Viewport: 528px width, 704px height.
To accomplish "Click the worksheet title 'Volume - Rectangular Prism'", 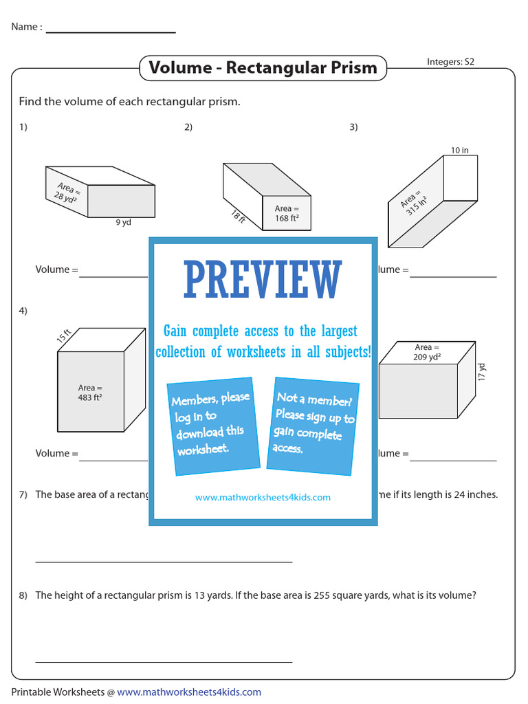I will click(x=263, y=68).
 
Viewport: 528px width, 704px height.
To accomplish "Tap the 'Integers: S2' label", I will click(x=450, y=62).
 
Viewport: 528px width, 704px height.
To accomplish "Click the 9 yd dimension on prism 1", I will click(x=123, y=222).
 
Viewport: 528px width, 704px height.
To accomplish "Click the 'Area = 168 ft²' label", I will click(x=287, y=214).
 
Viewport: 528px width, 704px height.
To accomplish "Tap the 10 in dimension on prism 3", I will click(x=459, y=150).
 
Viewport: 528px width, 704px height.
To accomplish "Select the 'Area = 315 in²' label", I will click(x=414, y=199).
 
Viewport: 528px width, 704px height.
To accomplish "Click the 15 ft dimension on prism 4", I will click(x=64, y=336).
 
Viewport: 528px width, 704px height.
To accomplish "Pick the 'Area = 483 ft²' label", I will click(x=90, y=393).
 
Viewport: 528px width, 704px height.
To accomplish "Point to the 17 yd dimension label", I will click(x=482, y=372).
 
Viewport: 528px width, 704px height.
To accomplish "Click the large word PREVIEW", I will click(x=263, y=280).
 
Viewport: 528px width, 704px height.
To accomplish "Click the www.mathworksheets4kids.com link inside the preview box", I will click(x=263, y=497).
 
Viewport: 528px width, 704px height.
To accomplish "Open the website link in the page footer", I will click(x=189, y=692).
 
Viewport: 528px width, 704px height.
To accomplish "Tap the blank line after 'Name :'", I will click(x=111, y=31).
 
